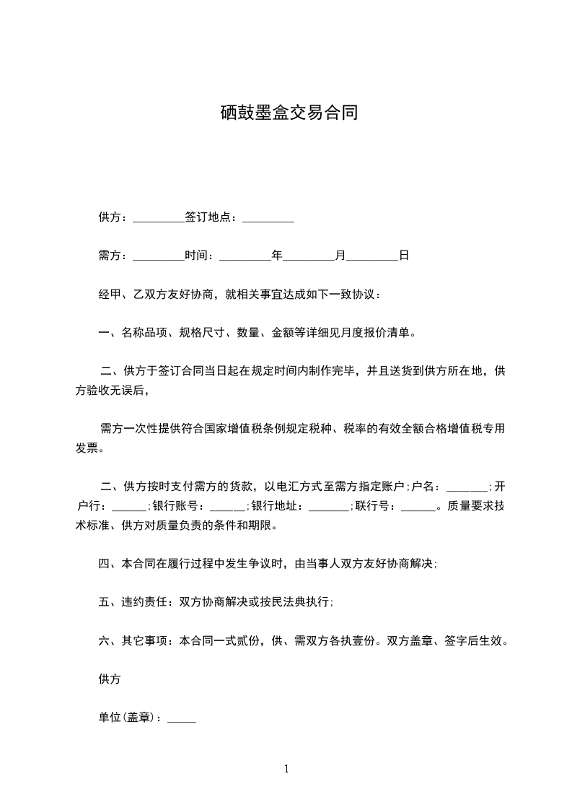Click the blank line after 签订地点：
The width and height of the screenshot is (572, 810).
click(x=268, y=217)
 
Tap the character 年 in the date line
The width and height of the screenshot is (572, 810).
click(x=277, y=256)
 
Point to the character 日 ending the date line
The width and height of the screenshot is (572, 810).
click(x=404, y=256)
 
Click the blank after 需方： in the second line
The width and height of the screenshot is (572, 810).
click(x=159, y=256)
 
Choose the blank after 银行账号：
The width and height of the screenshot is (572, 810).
click(x=229, y=506)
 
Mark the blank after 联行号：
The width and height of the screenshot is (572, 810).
click(x=418, y=506)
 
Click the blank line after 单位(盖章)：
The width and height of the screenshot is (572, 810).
click(x=182, y=719)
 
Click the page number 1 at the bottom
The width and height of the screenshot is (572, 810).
click(x=286, y=769)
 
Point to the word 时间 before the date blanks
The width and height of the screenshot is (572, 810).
click(x=196, y=256)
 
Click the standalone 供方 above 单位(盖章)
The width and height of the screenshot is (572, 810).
click(x=109, y=679)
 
